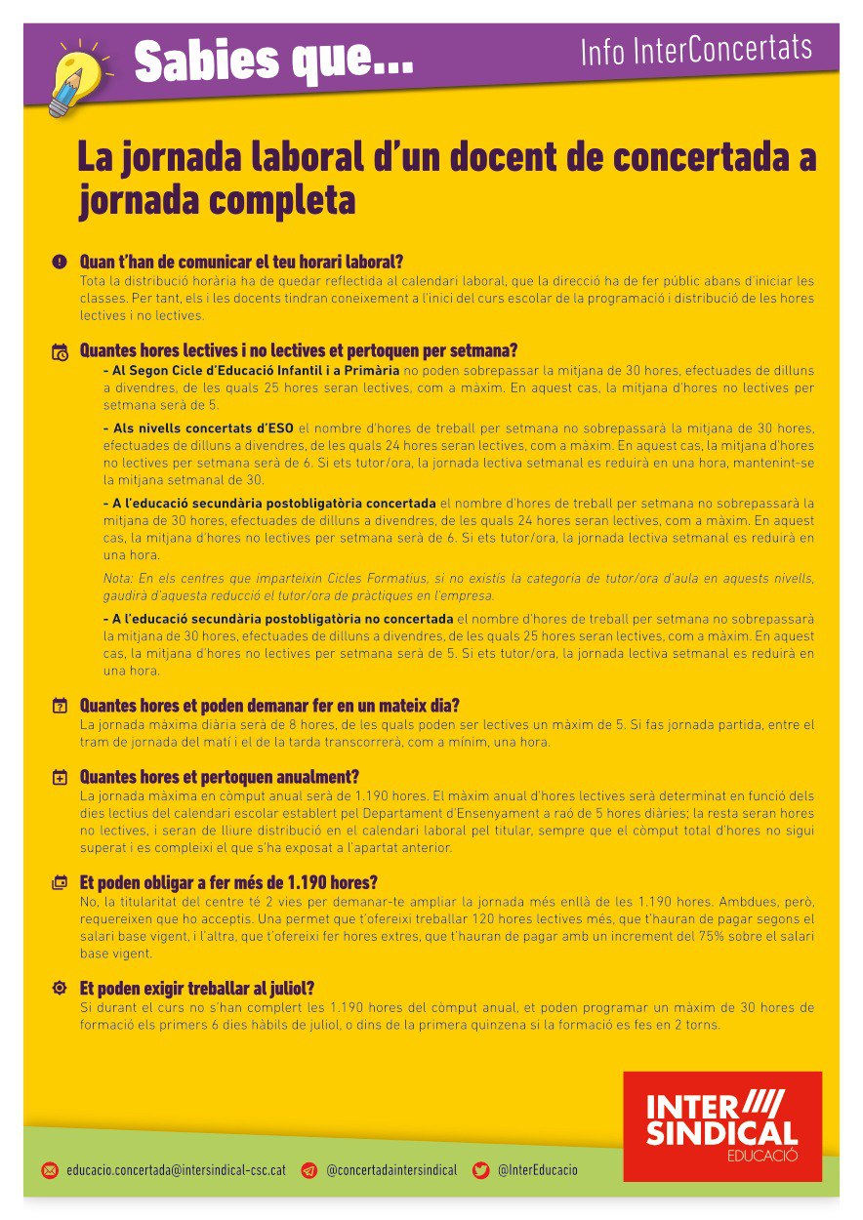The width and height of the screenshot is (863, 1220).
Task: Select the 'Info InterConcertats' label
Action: click(x=695, y=50)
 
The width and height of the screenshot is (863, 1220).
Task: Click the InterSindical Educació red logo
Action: click(x=722, y=1125)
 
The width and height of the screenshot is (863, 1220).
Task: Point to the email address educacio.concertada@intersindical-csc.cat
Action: click(x=176, y=1169)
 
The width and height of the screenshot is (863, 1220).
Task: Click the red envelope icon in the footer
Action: click(x=50, y=1169)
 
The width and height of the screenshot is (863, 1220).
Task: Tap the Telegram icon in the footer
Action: click(x=309, y=1169)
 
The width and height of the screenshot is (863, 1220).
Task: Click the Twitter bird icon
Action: click(x=480, y=1169)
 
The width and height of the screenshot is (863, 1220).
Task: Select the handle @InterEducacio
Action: click(x=537, y=1169)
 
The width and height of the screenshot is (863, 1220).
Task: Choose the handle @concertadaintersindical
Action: click(x=390, y=1169)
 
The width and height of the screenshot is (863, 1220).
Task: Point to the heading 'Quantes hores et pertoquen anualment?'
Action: click(x=219, y=777)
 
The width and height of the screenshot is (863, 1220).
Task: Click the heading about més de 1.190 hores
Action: click(x=227, y=882)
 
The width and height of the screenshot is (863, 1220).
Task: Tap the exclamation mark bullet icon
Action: click(x=60, y=262)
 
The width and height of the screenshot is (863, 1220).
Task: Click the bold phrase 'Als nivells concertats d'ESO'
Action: click(x=201, y=427)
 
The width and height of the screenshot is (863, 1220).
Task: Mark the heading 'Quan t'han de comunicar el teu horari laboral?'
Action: click(x=241, y=262)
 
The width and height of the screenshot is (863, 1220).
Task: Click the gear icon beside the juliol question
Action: click(x=60, y=988)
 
